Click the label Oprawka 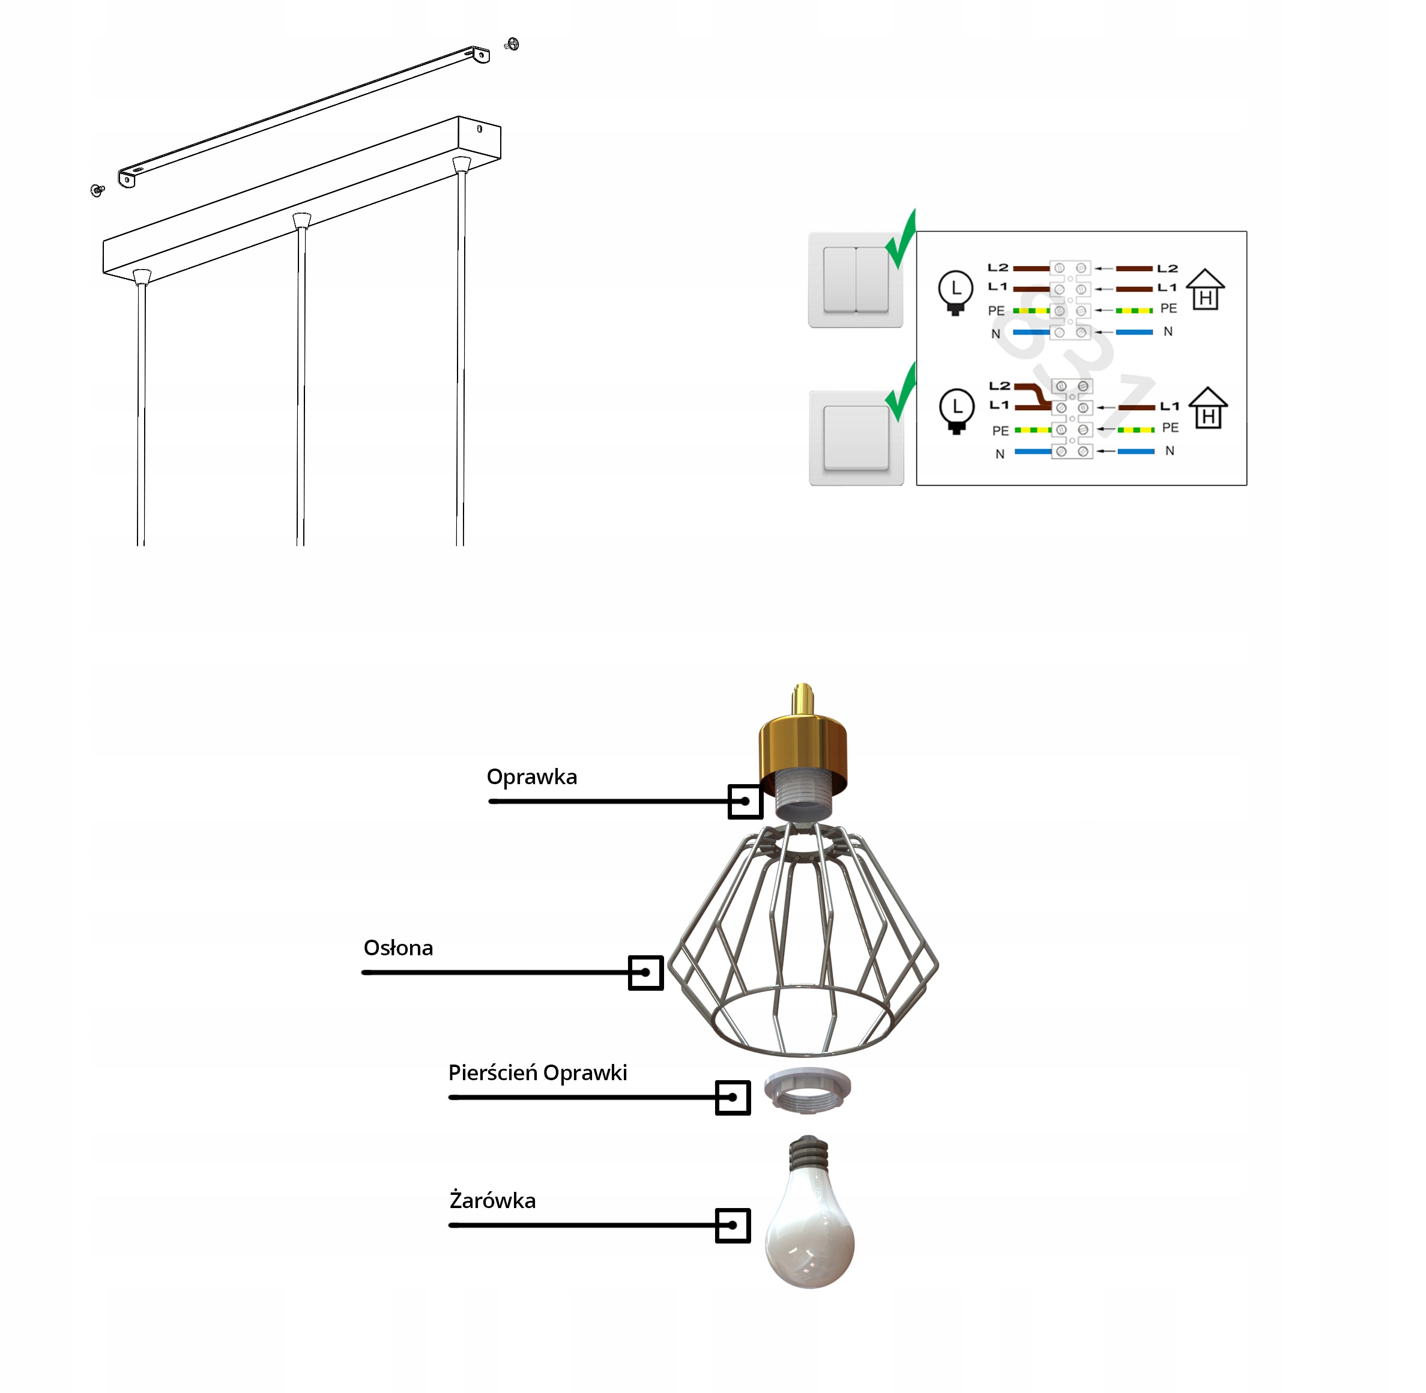[x=531, y=777]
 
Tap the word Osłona [x=398, y=948]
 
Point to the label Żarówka [x=492, y=1201]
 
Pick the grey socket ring [x=807, y=1091]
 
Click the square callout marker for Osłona [x=645, y=973]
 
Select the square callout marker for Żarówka [x=733, y=1225]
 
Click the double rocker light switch [x=856, y=280]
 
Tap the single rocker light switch [x=856, y=438]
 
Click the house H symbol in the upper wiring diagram [x=1205, y=291]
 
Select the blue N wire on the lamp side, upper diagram [x=1031, y=333]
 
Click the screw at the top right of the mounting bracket [x=512, y=44]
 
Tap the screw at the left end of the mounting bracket [x=97, y=190]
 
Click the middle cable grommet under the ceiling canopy [x=301, y=220]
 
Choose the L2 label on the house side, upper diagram [x=1167, y=268]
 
